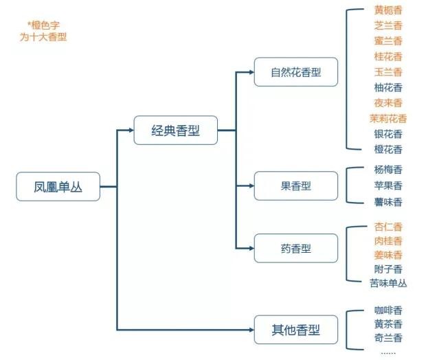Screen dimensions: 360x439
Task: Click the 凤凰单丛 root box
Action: tap(58, 186)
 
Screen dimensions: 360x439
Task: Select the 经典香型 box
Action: tap(176, 130)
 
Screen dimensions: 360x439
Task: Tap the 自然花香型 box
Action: tap(295, 72)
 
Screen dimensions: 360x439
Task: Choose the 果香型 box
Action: tap(295, 185)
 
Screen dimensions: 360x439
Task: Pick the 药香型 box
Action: tap(295, 249)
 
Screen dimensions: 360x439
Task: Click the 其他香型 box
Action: tap(295, 330)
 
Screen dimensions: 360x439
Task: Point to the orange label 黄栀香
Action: tap(388, 10)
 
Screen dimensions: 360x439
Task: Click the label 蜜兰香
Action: tap(388, 41)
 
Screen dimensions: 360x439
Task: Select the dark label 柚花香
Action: tap(388, 87)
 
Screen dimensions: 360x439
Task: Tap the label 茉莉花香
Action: tap(388, 118)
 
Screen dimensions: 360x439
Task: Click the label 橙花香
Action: tap(388, 149)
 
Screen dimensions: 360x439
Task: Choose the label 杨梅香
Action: tap(388, 170)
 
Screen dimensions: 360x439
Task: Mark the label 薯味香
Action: tap(388, 202)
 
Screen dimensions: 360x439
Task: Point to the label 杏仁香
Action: tap(388, 227)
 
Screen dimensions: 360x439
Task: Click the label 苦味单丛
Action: tap(388, 283)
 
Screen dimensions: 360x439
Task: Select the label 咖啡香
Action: tap(388, 310)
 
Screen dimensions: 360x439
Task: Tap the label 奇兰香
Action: tap(388, 338)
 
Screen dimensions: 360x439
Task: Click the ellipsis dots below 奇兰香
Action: tap(388, 352)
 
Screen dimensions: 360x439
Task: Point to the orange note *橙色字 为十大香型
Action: tap(43, 32)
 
